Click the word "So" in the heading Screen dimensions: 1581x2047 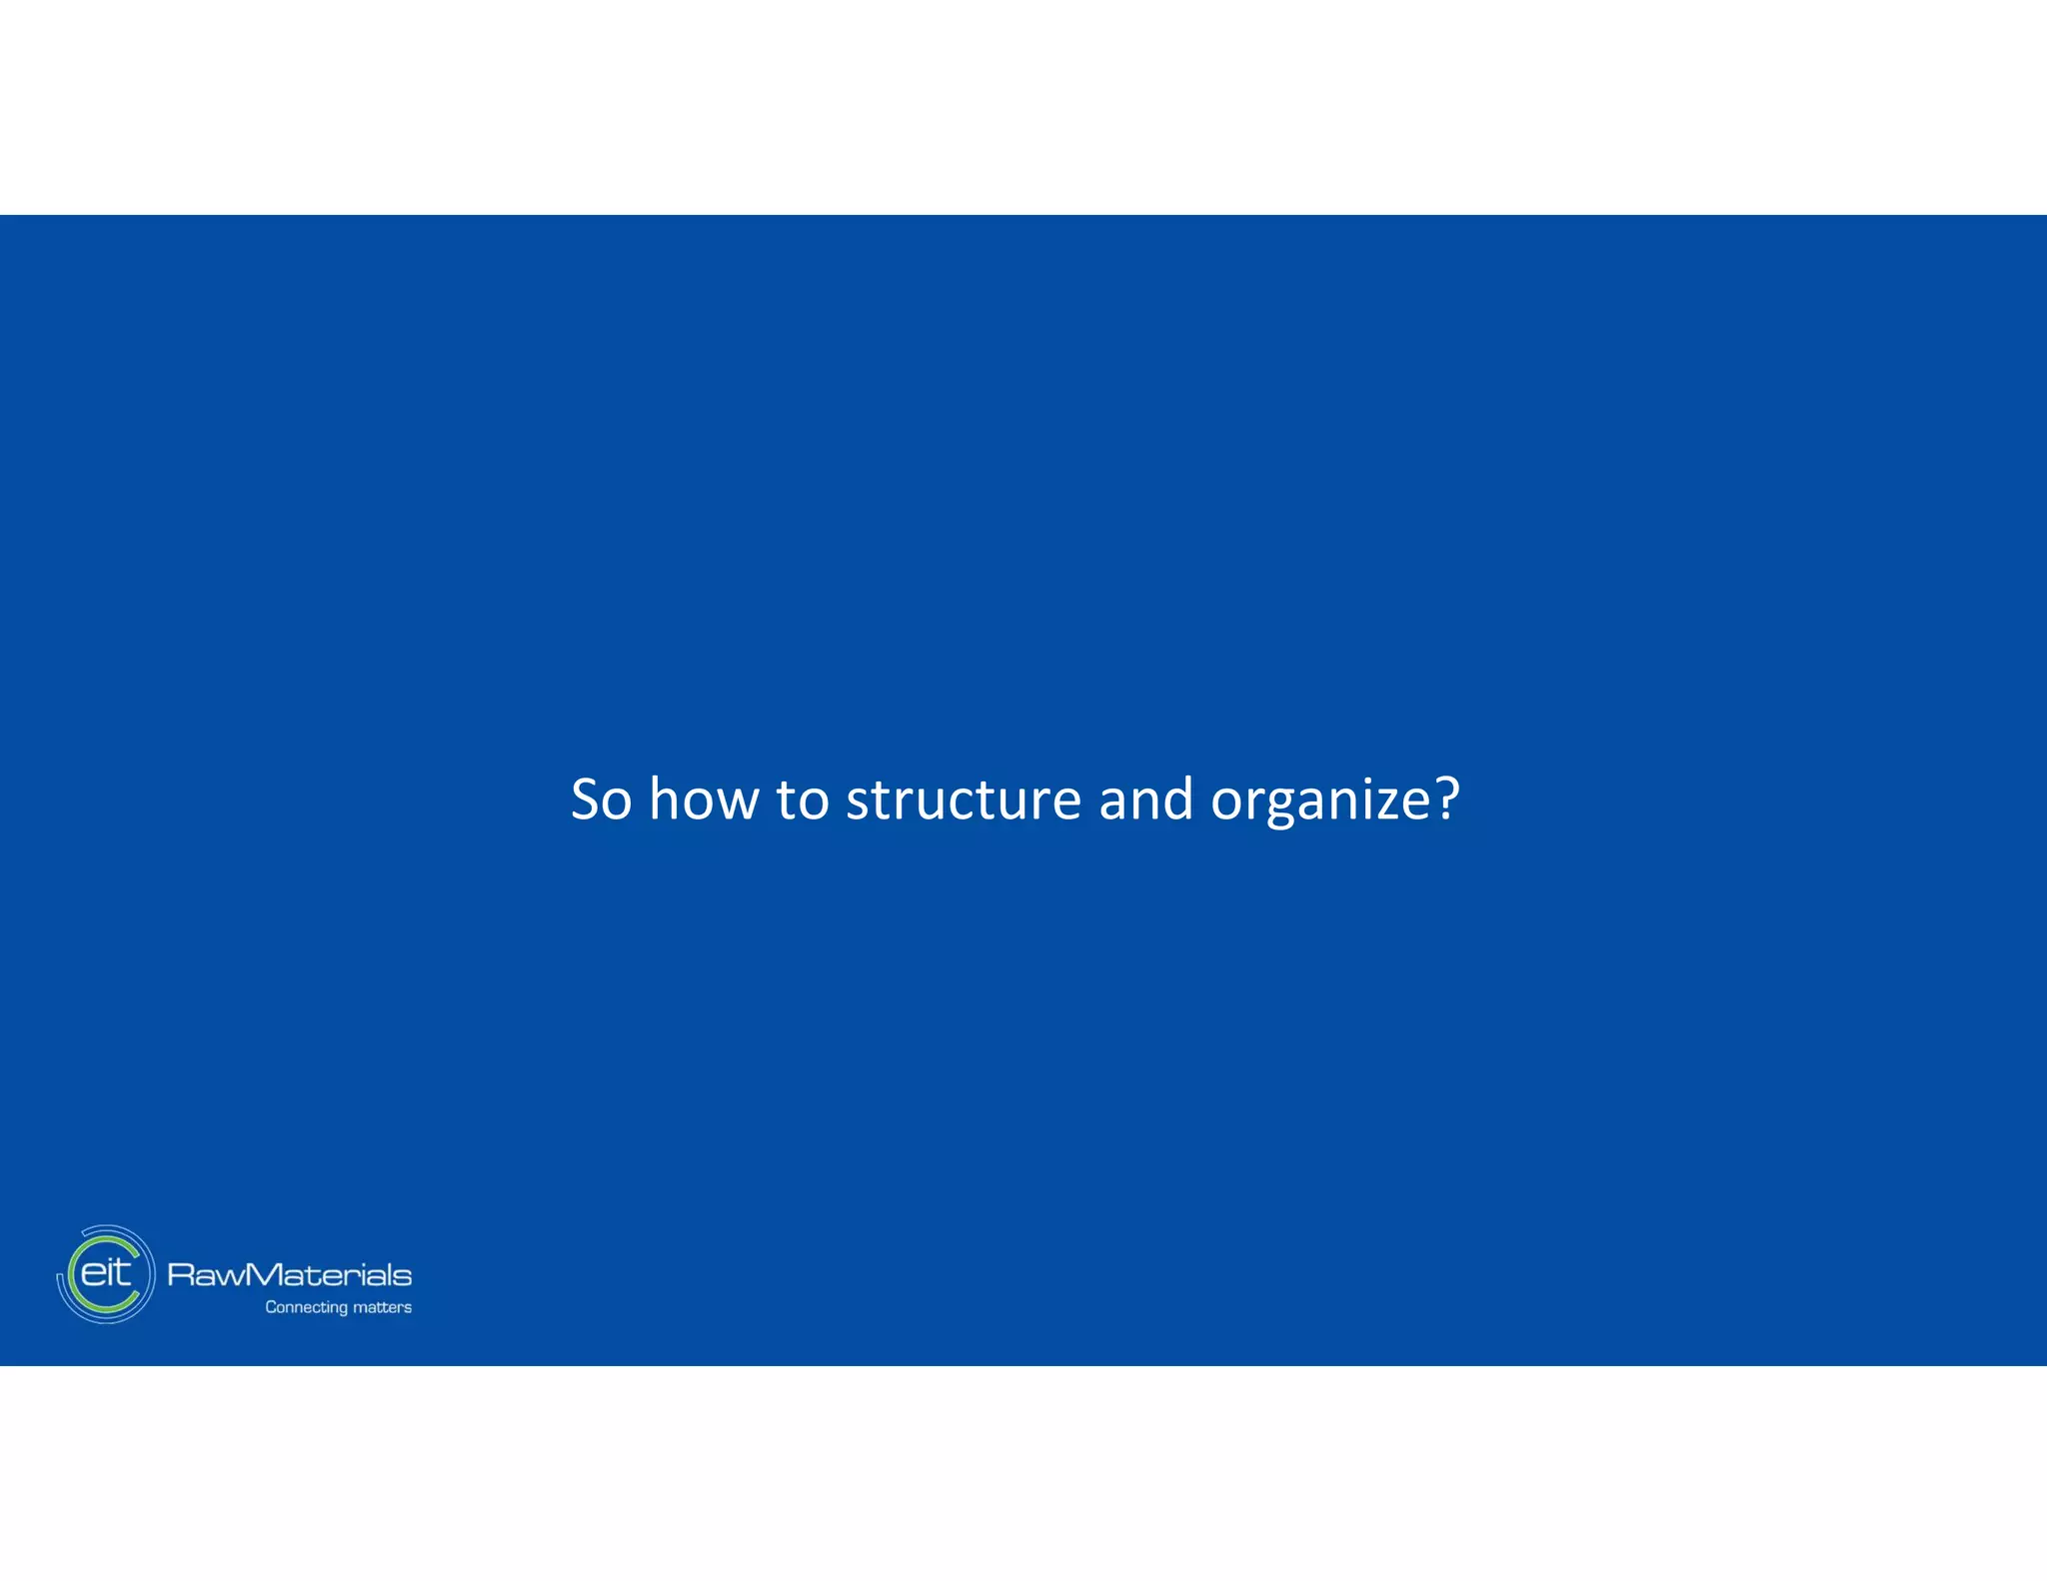pyautogui.click(x=601, y=799)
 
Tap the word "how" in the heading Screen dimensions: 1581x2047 pyautogui.click(x=704, y=799)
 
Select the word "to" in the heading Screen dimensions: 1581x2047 pyautogui.click(x=803, y=799)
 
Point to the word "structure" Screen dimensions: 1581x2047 pyautogui.click(x=964, y=799)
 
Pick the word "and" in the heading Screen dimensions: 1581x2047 pyautogui.click(x=1145, y=799)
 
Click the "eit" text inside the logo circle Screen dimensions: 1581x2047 pyautogui.click(x=105, y=1272)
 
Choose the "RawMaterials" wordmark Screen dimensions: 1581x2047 pyautogui.click(x=289, y=1275)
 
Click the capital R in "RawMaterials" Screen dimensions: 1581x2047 pyautogui.click(x=181, y=1275)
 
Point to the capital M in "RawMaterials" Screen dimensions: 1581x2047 pyautogui.click(x=261, y=1275)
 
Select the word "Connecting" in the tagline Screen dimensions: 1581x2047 pyautogui.click(x=306, y=1307)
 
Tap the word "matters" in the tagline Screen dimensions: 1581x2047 pyautogui.click(x=382, y=1307)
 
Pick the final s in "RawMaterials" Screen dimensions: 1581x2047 pyautogui.click(x=403, y=1276)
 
